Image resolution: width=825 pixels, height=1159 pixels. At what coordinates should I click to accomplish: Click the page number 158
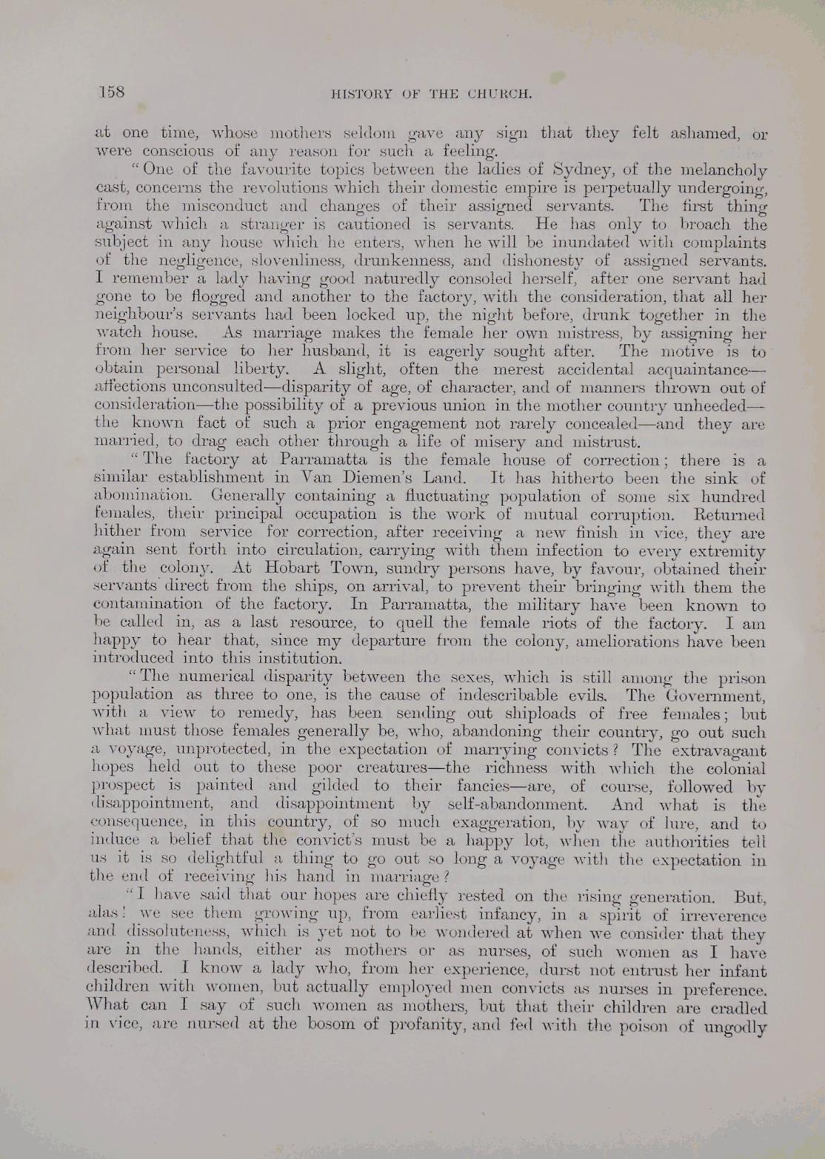point(112,92)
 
